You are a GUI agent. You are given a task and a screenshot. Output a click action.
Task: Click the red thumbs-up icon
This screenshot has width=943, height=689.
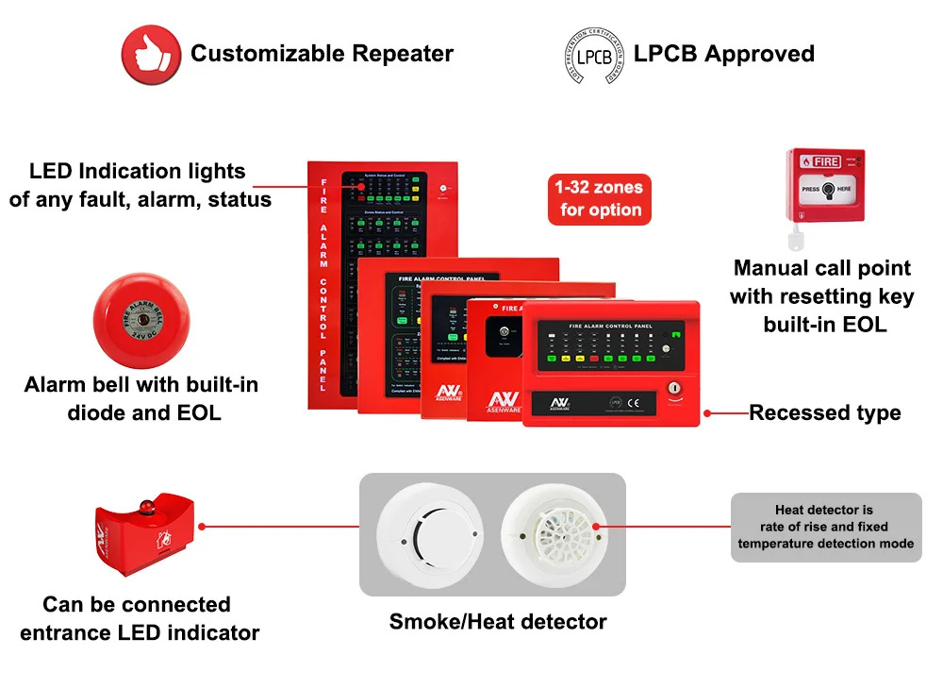150,53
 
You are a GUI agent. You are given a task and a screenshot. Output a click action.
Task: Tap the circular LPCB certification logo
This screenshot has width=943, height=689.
590,55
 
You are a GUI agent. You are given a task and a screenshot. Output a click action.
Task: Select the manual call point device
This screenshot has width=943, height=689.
827,185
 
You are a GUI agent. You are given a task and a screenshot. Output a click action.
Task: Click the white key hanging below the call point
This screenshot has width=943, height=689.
796,235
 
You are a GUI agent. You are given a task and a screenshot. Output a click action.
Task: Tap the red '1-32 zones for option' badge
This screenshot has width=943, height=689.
600,199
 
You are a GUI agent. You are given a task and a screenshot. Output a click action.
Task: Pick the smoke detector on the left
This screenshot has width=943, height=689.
430,534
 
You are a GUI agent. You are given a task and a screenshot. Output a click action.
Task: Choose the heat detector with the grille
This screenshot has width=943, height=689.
553,534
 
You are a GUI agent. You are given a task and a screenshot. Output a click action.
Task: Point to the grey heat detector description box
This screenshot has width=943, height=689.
826,528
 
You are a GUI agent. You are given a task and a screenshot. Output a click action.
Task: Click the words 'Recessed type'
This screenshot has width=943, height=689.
824,412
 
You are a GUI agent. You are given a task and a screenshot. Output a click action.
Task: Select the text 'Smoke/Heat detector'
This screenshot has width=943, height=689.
498,621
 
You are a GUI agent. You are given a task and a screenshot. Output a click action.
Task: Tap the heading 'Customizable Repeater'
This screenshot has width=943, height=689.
322,54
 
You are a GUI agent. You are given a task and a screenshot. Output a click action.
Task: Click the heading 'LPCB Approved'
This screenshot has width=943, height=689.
723,54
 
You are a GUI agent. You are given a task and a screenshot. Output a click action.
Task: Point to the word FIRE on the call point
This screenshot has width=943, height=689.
827,162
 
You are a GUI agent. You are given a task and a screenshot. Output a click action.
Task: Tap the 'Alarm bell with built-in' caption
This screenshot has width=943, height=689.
141,385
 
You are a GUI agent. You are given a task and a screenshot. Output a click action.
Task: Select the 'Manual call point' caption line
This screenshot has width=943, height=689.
821,268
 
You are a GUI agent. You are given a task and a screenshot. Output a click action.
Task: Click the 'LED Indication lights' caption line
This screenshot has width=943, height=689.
137,171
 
